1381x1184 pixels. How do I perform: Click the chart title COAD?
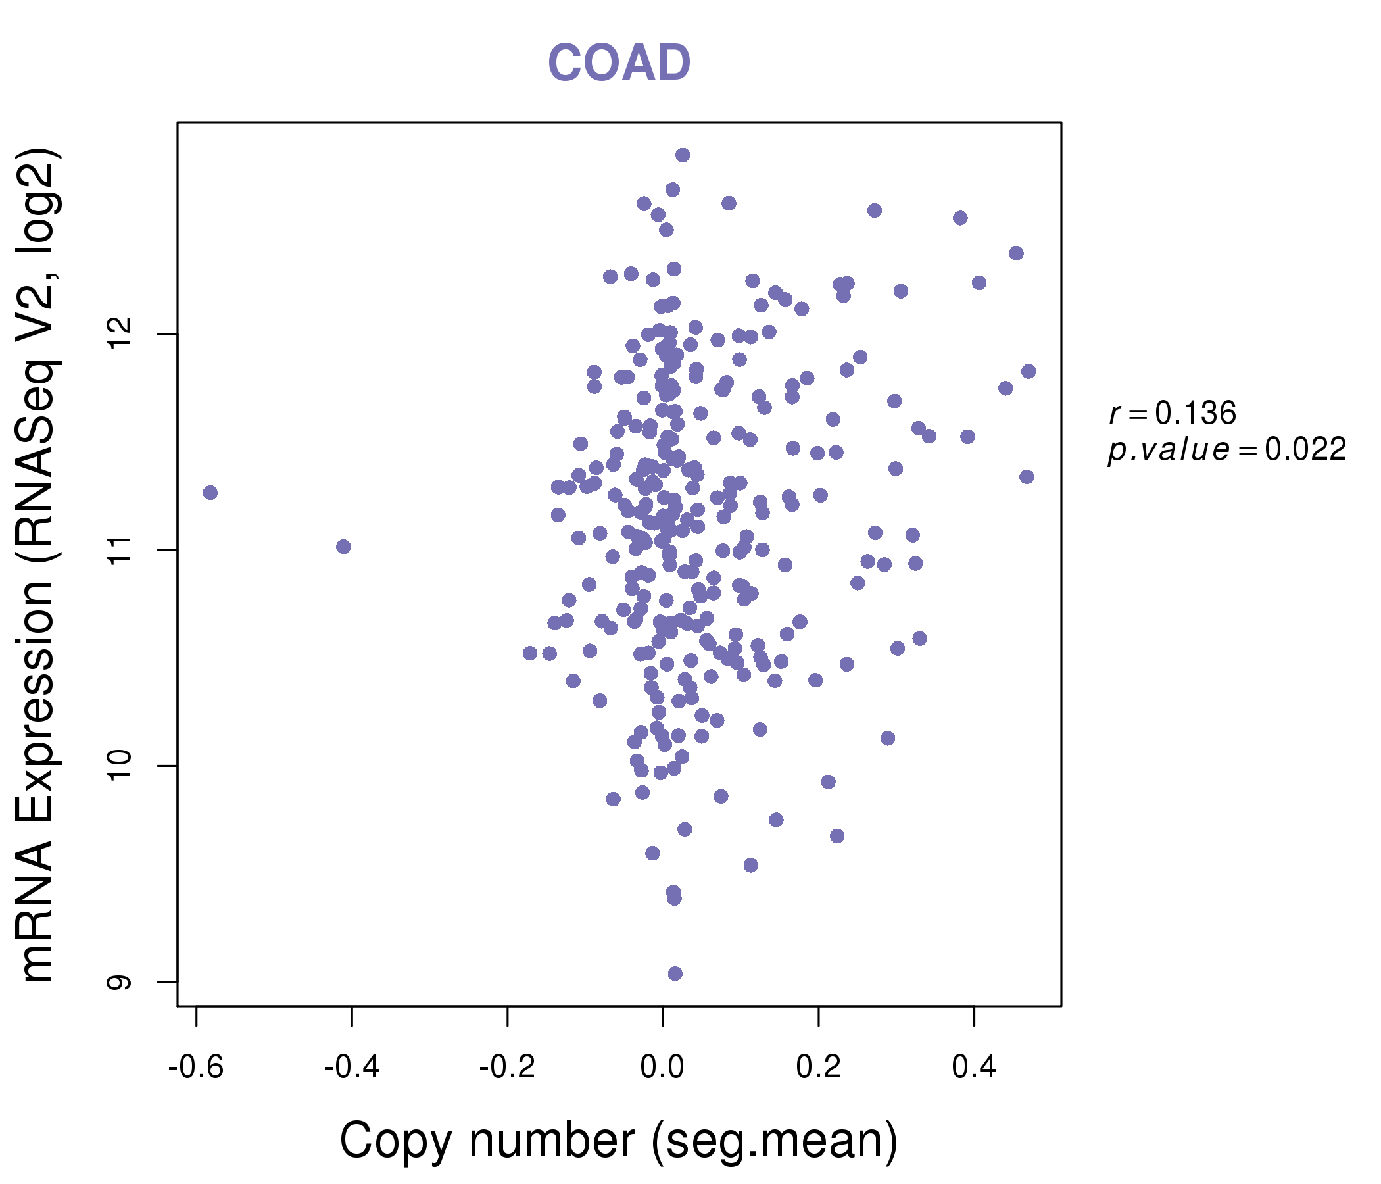619,63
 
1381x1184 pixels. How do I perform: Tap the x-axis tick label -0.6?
195,1068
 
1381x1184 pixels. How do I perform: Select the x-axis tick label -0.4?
351,1068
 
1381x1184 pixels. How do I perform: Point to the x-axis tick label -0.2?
507,1068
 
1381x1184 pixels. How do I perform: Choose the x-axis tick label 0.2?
818,1068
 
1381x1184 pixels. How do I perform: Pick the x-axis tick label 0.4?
974,1068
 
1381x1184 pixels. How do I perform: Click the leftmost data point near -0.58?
210,493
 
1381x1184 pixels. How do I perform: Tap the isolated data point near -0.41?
343,547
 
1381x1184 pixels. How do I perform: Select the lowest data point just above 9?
675,974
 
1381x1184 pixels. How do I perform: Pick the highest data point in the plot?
683,155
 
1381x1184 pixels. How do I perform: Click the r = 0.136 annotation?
1173,413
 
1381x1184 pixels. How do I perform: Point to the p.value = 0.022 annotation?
1227,450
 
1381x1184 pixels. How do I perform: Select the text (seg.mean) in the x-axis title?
775,1141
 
